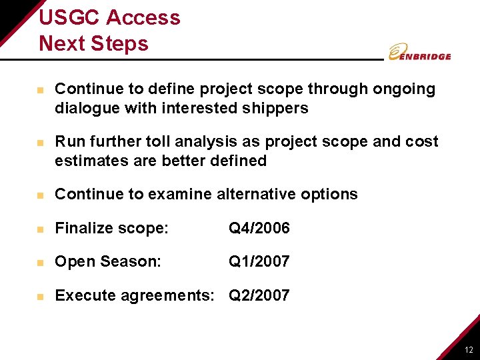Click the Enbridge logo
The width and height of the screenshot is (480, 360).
click(419, 53)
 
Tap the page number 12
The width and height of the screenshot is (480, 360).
click(469, 350)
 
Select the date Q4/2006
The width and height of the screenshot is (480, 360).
click(259, 229)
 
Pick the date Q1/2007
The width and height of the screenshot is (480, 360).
click(259, 262)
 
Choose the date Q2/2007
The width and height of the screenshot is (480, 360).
click(259, 295)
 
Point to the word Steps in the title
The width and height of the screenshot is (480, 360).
click(121, 43)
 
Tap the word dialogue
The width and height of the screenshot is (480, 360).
click(86, 108)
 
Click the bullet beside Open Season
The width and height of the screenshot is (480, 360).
click(41, 263)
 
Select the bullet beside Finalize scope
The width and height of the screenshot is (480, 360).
click(41, 229)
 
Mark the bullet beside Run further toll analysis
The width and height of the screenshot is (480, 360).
click(41, 143)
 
